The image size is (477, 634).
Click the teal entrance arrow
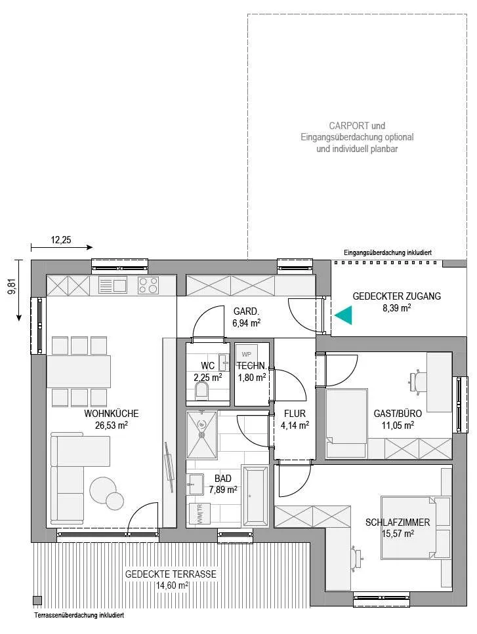[x=344, y=315]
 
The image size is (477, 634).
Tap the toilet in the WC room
[x=202, y=391]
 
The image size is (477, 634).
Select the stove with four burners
[x=148, y=285]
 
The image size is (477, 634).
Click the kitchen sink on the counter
[x=114, y=285]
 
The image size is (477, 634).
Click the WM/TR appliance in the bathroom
[x=199, y=514]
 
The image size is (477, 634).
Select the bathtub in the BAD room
[x=254, y=495]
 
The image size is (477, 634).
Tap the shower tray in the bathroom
[x=201, y=435]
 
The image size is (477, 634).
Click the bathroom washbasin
[x=196, y=484]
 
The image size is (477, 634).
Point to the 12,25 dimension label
[x=61, y=240]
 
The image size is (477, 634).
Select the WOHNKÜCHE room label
[x=112, y=414]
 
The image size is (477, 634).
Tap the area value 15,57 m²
[x=398, y=533]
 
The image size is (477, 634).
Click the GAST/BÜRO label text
[x=398, y=414]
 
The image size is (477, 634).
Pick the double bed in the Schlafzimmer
[x=416, y=528]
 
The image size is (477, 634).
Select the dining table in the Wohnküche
[x=79, y=371]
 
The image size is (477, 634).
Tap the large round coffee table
[x=102, y=490]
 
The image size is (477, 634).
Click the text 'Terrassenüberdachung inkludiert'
[x=79, y=616]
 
